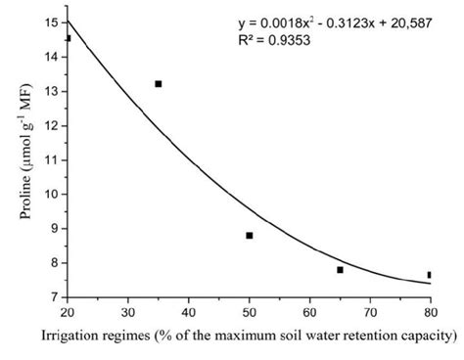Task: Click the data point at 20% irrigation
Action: click(x=68, y=39)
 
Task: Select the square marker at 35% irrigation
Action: click(x=159, y=84)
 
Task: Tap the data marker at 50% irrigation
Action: click(x=250, y=236)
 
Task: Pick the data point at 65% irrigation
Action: click(x=340, y=270)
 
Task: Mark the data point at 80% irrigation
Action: click(x=429, y=275)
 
